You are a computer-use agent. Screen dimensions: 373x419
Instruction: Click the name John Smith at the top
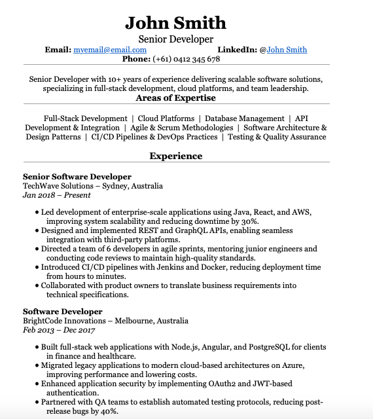(175, 23)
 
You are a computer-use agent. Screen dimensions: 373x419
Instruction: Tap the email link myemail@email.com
(110, 50)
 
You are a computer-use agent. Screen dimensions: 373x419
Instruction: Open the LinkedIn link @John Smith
(287, 50)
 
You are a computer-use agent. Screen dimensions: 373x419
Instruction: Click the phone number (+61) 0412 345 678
(186, 60)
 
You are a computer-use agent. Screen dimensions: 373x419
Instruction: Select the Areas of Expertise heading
(175, 98)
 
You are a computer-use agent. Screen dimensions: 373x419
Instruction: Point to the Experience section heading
(175, 156)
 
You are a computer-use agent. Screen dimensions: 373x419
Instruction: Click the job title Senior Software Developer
(77, 177)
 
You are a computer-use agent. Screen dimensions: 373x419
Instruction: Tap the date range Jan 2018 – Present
(56, 195)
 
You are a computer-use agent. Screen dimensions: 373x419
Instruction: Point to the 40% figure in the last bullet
(109, 411)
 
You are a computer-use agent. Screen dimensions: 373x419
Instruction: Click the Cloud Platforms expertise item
(166, 118)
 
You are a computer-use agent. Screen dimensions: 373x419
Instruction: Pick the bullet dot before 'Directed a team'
(37, 249)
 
